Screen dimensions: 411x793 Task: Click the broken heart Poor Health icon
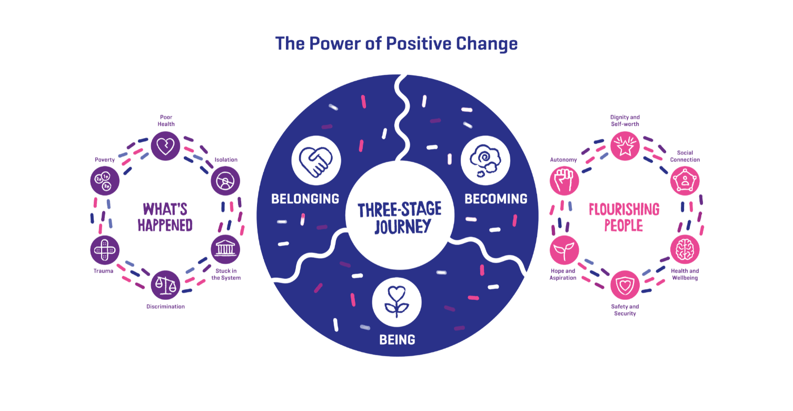[x=165, y=146]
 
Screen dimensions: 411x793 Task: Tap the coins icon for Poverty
[x=105, y=180]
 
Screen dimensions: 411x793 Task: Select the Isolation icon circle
[x=225, y=180]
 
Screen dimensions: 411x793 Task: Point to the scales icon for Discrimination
[x=165, y=285]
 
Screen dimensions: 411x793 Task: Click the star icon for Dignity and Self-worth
[x=625, y=146]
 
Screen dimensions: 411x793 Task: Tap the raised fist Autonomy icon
[x=564, y=180]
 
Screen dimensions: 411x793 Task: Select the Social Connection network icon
[x=685, y=180]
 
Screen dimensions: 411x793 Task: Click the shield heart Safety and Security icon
[x=625, y=285]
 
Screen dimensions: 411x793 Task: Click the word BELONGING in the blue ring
[x=305, y=199]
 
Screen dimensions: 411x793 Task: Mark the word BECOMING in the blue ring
[x=495, y=199]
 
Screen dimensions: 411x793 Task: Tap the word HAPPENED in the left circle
[x=165, y=226]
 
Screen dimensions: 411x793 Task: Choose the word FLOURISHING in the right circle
[x=624, y=209]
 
